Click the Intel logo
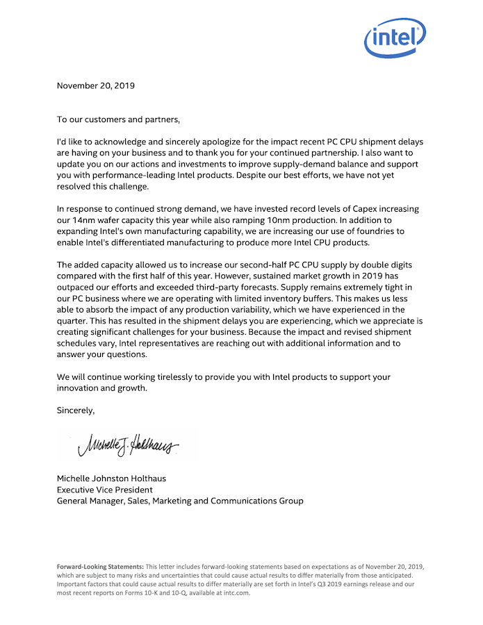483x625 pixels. coord(395,37)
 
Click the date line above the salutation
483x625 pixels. coord(96,86)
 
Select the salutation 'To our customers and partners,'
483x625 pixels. coord(118,119)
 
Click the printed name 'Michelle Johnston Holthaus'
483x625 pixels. coord(111,478)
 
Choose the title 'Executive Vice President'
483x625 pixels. coord(104,490)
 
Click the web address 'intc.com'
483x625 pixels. coord(236,594)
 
